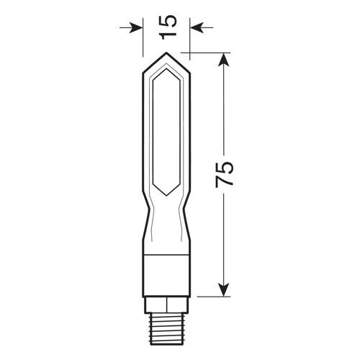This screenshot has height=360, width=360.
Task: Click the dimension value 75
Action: (225, 175)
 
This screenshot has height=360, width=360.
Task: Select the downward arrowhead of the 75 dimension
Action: (225, 292)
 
